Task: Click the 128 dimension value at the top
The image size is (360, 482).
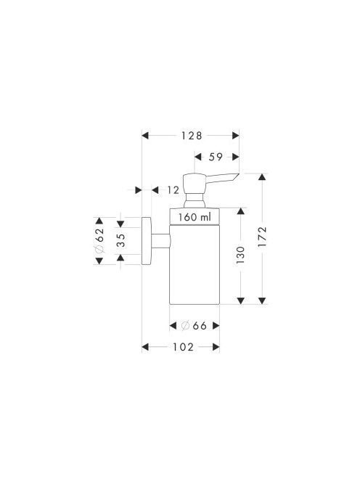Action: (192, 136)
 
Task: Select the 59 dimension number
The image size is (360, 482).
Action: (216, 157)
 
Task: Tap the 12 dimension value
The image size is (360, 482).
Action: (173, 190)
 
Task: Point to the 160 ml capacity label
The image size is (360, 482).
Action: (195, 217)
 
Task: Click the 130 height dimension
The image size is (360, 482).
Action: (240, 255)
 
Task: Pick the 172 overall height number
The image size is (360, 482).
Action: (262, 237)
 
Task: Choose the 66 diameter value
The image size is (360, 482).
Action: (200, 326)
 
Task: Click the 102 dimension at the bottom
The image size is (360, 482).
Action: (183, 348)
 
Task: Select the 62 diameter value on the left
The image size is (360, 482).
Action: (99, 235)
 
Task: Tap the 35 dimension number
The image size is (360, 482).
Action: (120, 241)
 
